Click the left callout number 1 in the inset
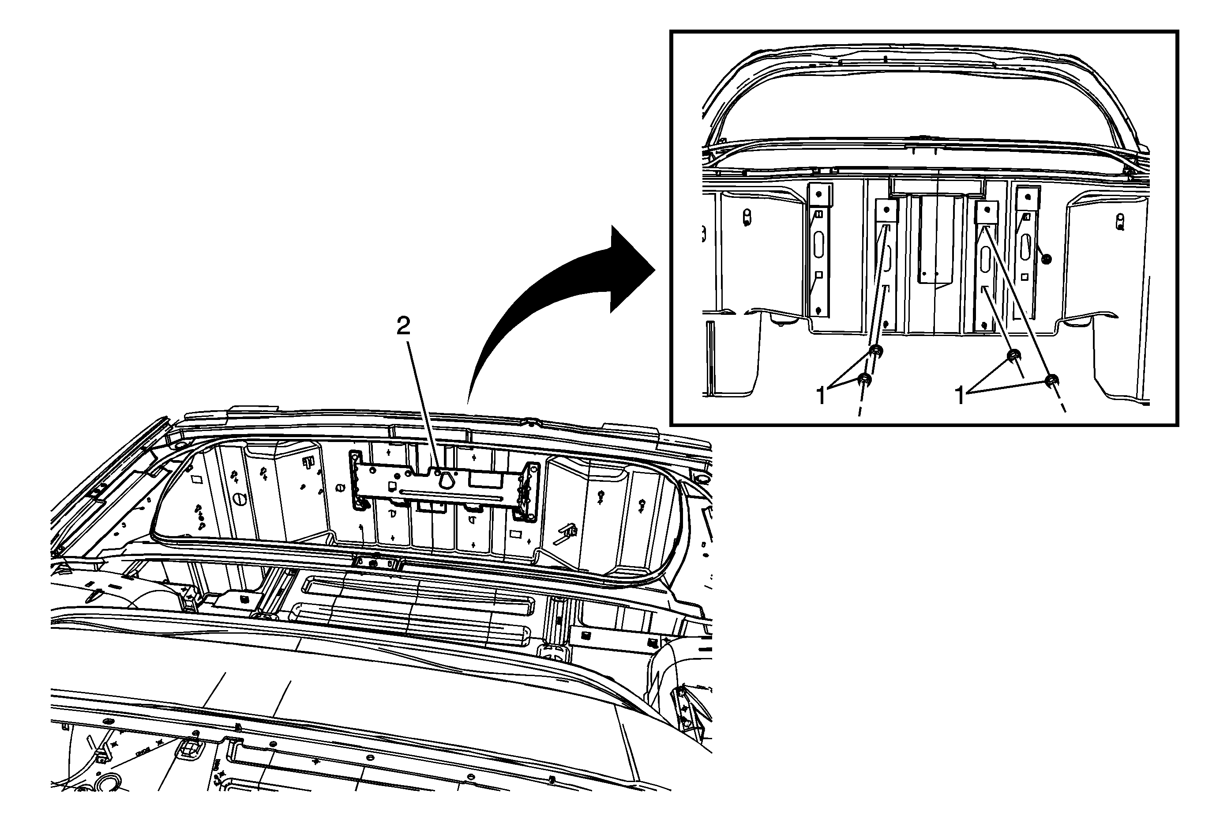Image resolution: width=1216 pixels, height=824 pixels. [x=821, y=395]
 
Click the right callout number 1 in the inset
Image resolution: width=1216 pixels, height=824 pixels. [x=960, y=395]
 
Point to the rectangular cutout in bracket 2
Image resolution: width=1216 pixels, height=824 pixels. [x=479, y=480]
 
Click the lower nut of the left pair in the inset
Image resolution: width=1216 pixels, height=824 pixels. [x=866, y=379]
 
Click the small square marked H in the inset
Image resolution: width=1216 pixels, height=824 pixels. [x=819, y=214]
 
